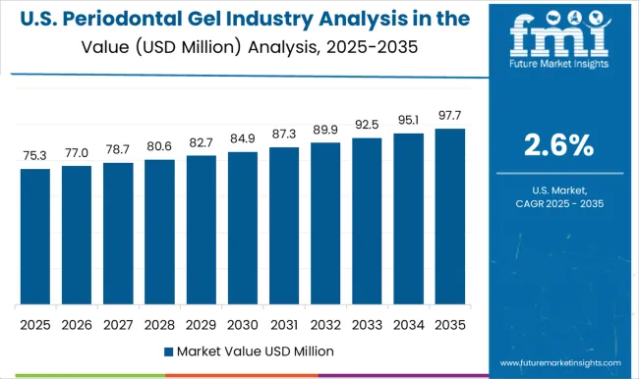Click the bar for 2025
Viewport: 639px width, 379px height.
tap(34, 237)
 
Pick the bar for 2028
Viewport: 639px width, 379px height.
tap(159, 232)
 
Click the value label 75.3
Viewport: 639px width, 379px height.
tap(34, 155)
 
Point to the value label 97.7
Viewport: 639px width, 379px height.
tap(449, 115)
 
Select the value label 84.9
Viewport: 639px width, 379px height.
tap(242, 138)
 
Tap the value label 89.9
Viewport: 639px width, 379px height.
tap(325, 129)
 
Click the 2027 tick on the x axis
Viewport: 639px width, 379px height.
tap(118, 323)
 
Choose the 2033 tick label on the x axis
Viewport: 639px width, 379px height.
tap(367, 323)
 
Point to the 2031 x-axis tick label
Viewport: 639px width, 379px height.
tap(283, 323)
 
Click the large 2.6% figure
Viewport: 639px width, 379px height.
tap(559, 146)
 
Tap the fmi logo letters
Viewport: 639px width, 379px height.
tap(559, 38)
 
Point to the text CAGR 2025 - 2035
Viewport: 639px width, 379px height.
tap(559, 202)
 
